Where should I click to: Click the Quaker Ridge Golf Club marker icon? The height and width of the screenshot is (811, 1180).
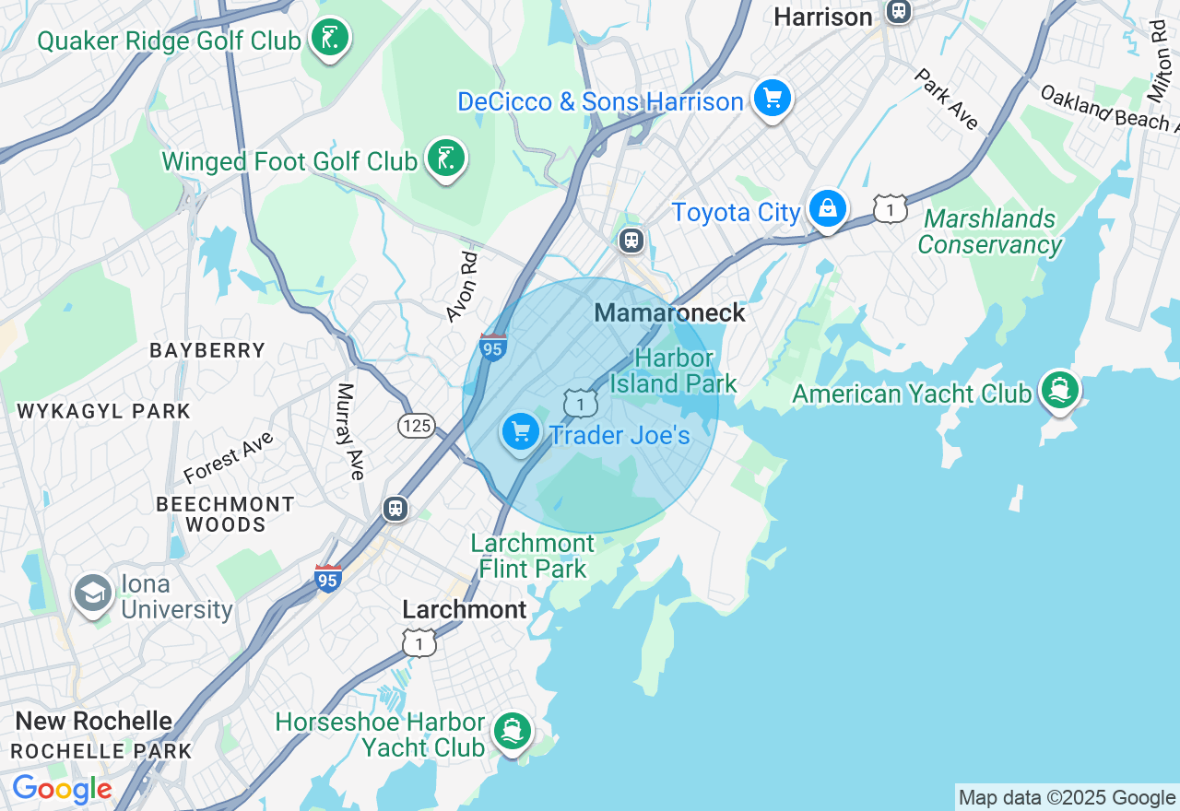pyautogui.click(x=329, y=39)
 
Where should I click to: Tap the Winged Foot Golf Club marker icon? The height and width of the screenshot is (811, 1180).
pyautogui.click(x=446, y=159)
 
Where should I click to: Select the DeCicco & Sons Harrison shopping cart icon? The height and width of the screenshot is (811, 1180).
pyautogui.click(x=772, y=98)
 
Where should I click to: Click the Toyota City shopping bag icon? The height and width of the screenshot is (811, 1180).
pyautogui.click(x=828, y=209)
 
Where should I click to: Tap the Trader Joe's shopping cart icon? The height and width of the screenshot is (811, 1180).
pyautogui.click(x=521, y=431)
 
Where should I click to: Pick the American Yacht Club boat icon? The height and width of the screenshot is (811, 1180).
pyautogui.click(x=1059, y=390)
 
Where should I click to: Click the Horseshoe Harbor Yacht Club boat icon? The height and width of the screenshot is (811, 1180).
pyautogui.click(x=512, y=732)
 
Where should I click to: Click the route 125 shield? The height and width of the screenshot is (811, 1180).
pyautogui.click(x=417, y=425)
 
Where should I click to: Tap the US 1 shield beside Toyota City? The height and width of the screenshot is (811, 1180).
pyautogui.click(x=891, y=209)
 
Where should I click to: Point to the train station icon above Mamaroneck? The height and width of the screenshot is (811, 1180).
pyautogui.click(x=631, y=241)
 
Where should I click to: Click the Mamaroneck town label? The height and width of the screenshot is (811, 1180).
pyautogui.click(x=669, y=313)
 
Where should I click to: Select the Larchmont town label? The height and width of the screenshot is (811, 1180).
pyautogui.click(x=465, y=609)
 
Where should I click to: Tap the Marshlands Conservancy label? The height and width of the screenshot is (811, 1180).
pyautogui.click(x=989, y=232)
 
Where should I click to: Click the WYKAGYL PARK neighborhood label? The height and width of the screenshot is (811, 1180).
pyautogui.click(x=103, y=411)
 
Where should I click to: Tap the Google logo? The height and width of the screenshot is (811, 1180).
pyautogui.click(x=62, y=790)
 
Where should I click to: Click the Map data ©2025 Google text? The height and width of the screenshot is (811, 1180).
pyautogui.click(x=1067, y=798)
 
